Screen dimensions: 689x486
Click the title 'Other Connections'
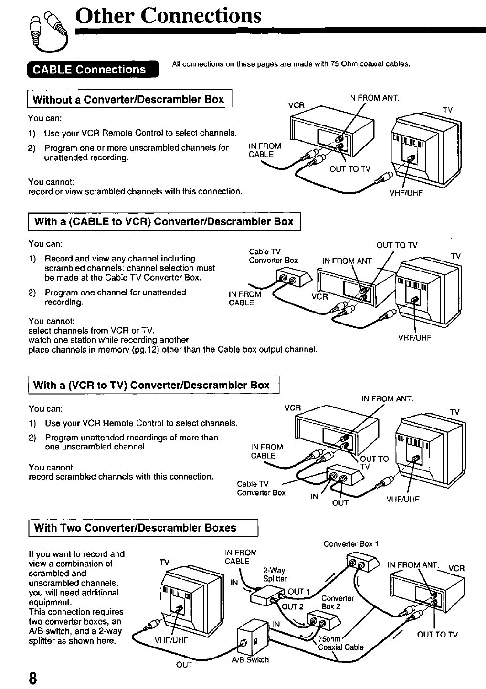169,15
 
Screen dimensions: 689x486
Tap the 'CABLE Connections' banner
89,70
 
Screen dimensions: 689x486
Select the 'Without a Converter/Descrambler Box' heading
128,99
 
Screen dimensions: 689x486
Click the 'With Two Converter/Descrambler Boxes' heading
135,528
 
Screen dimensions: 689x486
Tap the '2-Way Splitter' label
275,574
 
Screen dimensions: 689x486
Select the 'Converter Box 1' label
351,544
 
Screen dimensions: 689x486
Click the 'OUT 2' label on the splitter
292,607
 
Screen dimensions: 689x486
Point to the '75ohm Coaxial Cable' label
340,643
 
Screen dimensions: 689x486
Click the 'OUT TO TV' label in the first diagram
350,169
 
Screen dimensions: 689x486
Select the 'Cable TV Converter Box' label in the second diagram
273,256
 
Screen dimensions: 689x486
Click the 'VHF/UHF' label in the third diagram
402,500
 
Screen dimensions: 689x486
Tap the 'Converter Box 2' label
338,603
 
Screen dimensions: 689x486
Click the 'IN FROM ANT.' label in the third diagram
387,399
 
